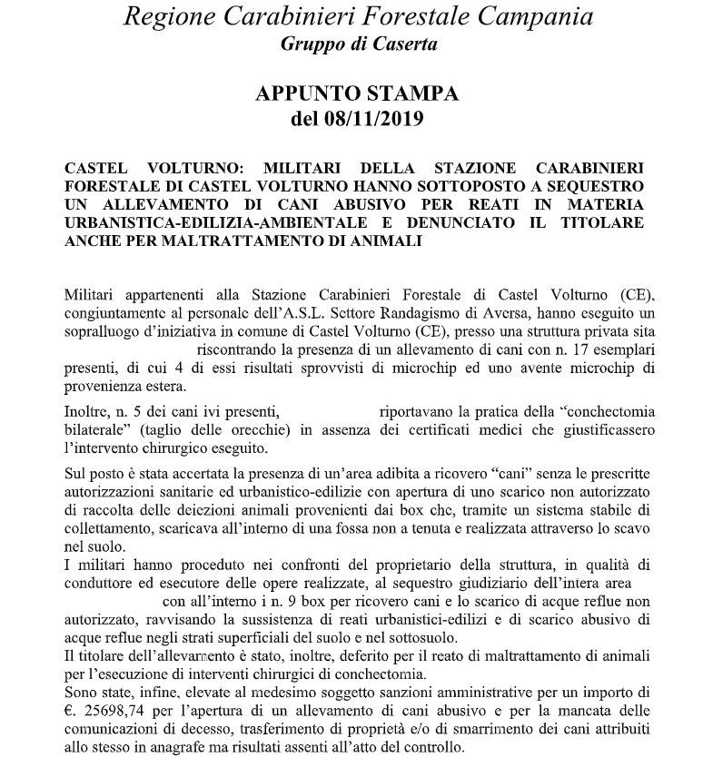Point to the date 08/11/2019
coord(380,119)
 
